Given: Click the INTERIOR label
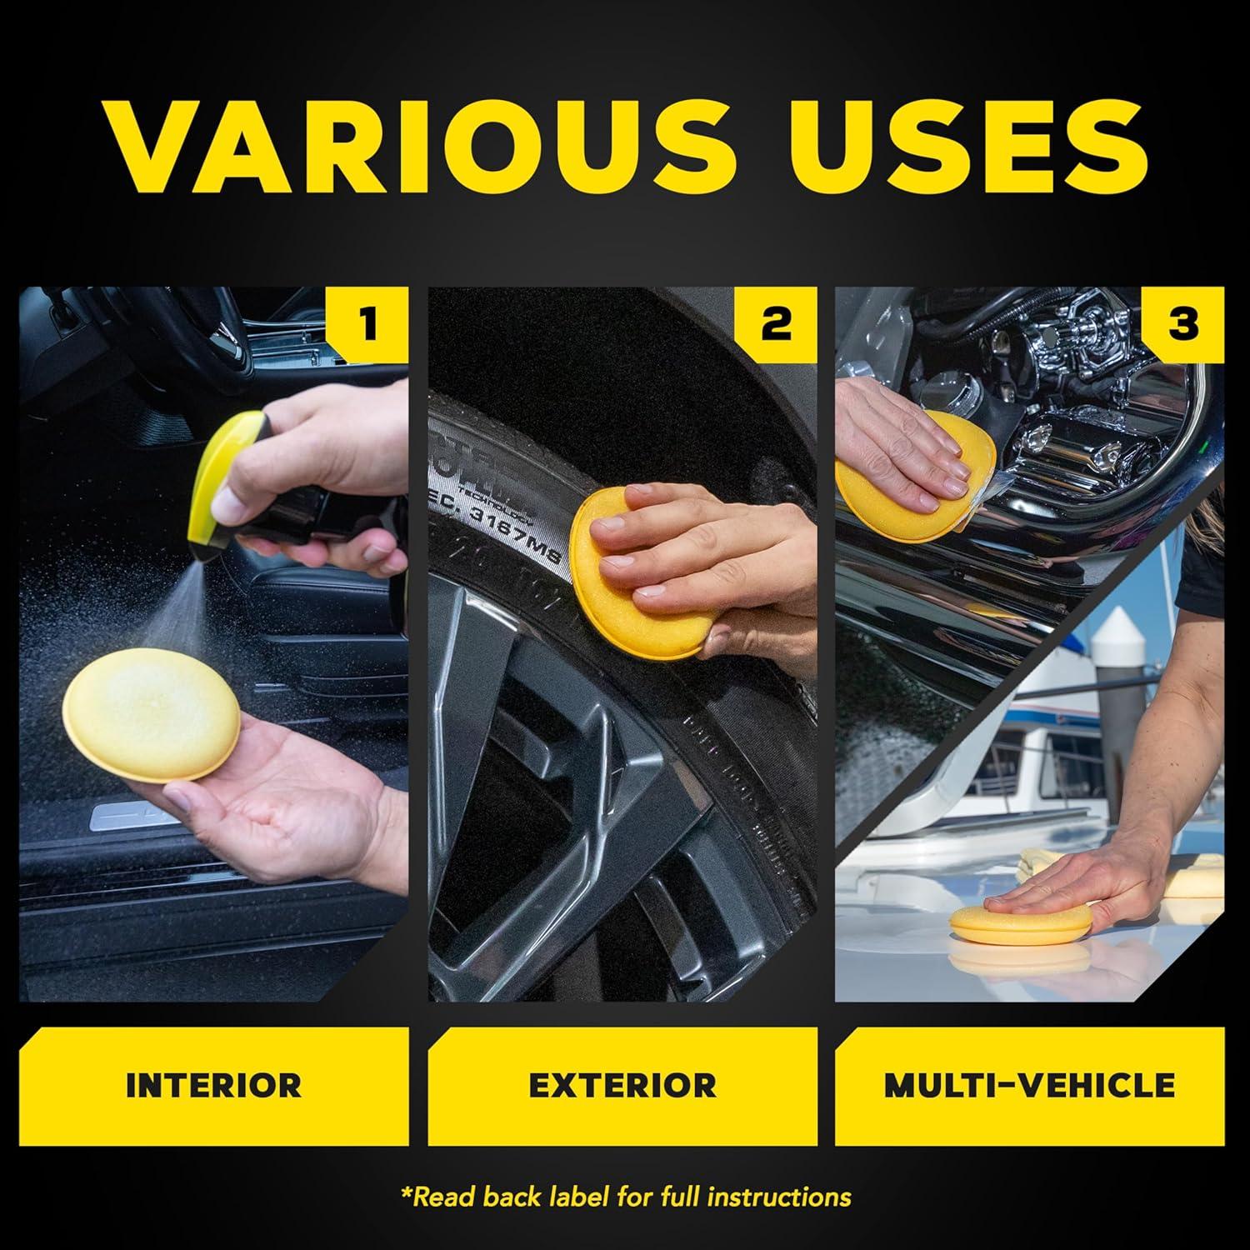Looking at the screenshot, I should pyautogui.click(x=213, y=1086).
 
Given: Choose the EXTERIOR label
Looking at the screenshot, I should pyautogui.click(x=622, y=1086).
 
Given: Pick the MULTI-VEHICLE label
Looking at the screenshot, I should pyautogui.click(x=1029, y=1086).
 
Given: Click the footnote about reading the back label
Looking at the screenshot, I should pyautogui.click(x=625, y=1197).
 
